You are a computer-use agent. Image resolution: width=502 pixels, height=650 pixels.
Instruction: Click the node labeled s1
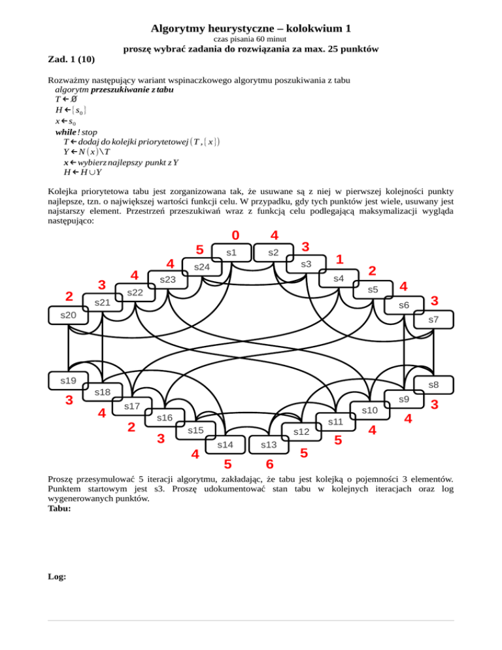click(x=231, y=252)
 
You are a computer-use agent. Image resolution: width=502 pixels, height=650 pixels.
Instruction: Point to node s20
click(x=68, y=315)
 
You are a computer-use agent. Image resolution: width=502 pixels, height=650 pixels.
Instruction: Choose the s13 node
click(x=269, y=445)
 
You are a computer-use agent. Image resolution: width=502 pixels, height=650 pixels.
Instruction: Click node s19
click(x=68, y=380)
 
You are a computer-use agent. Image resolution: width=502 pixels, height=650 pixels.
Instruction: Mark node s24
click(x=202, y=267)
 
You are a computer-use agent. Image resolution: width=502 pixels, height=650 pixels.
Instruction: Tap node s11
click(x=335, y=422)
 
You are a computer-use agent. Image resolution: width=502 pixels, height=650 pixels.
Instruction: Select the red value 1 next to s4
click(x=340, y=260)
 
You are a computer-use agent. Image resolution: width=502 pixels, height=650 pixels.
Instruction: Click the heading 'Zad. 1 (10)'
click(x=72, y=60)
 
